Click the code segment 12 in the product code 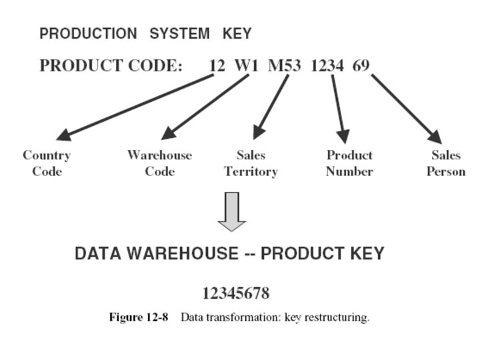tap(217, 66)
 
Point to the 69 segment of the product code tap(361, 66)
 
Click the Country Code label tap(47, 163)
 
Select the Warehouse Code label tap(159, 163)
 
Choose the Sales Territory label tap(251, 163)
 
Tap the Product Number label tap(349, 163)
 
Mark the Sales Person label tap(446, 163)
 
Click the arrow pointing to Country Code tap(133, 107)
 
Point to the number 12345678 tap(235, 293)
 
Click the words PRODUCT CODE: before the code tap(111, 66)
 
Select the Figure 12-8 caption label tap(138, 317)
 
